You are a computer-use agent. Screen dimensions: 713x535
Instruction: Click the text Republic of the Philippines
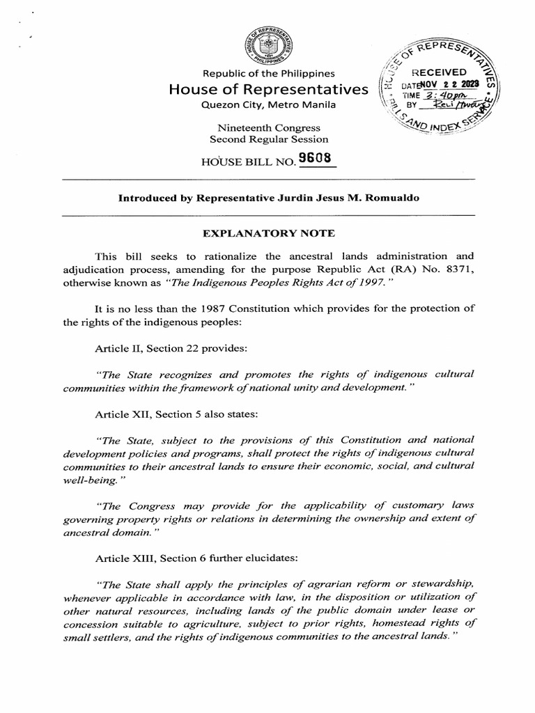[268, 74]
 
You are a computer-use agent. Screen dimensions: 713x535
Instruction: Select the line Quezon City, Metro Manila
[268, 104]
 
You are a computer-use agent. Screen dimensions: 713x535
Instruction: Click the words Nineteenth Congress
[268, 128]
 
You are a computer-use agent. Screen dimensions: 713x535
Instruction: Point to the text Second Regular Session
[268, 139]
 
